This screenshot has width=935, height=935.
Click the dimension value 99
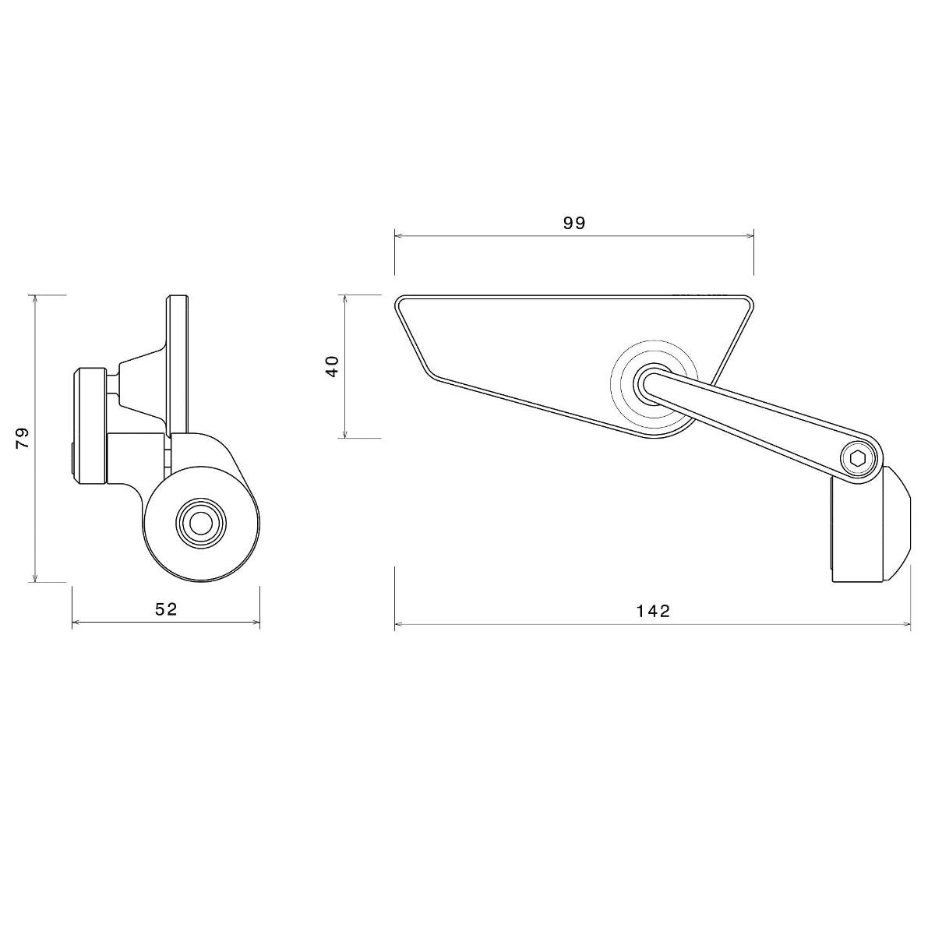(573, 223)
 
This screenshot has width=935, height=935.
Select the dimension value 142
(653, 611)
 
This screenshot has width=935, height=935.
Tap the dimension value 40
(333, 366)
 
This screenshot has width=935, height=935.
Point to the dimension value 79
(23, 438)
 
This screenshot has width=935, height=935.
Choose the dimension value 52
(166, 609)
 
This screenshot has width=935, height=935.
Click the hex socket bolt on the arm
(858, 458)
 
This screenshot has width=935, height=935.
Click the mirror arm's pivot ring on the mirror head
(653, 381)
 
